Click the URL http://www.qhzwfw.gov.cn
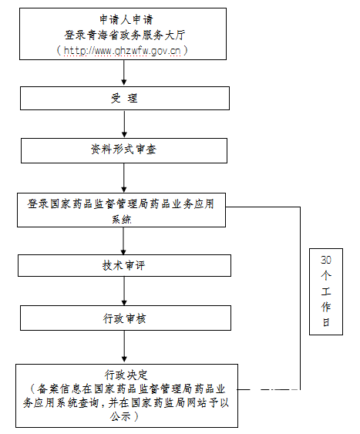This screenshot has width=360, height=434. [x=122, y=51]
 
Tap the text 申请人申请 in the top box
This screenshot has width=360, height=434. [x=126, y=19]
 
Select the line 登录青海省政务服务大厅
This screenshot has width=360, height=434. [x=125, y=35]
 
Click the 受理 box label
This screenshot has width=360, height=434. [x=124, y=98]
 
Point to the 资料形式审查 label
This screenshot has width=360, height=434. [x=123, y=150]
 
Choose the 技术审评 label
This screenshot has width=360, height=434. [x=123, y=265]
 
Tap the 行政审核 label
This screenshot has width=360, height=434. [x=125, y=318]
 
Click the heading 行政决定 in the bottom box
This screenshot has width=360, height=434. [x=126, y=375]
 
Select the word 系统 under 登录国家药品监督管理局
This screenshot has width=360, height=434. [x=122, y=220]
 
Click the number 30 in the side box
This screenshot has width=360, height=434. [x=326, y=260]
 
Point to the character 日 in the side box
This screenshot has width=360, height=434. [x=326, y=322]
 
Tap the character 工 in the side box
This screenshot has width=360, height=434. [x=326, y=291]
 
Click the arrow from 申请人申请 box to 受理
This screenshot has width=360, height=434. [x=124, y=72]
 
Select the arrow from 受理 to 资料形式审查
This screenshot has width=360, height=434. [x=124, y=124]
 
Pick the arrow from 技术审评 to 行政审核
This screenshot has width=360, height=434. [x=124, y=291]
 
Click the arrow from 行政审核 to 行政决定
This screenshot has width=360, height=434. [x=124, y=346]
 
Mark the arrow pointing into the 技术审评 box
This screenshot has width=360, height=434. [x=123, y=241]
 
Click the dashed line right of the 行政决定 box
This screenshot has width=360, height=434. [x=268, y=390]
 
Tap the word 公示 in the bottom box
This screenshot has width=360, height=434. [x=120, y=416]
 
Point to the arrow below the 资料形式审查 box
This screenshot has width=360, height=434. [x=124, y=178]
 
